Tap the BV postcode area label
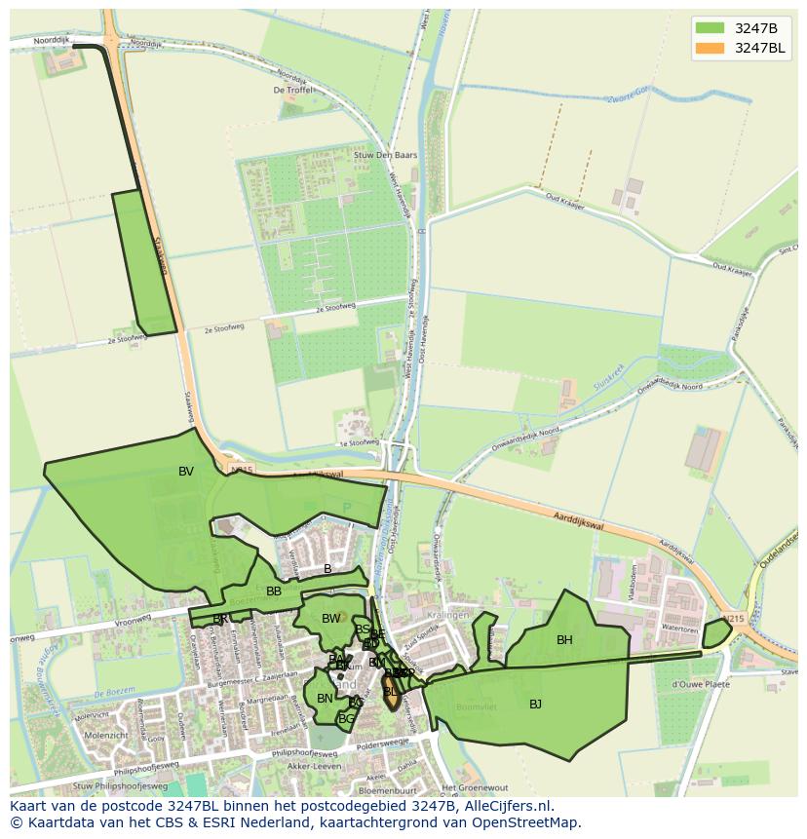186,472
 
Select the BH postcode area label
564,640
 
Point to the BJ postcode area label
535,704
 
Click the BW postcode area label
331,619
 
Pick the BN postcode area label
325,699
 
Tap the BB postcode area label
274,591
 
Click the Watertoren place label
680,629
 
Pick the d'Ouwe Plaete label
700,683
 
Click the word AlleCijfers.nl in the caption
506,807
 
